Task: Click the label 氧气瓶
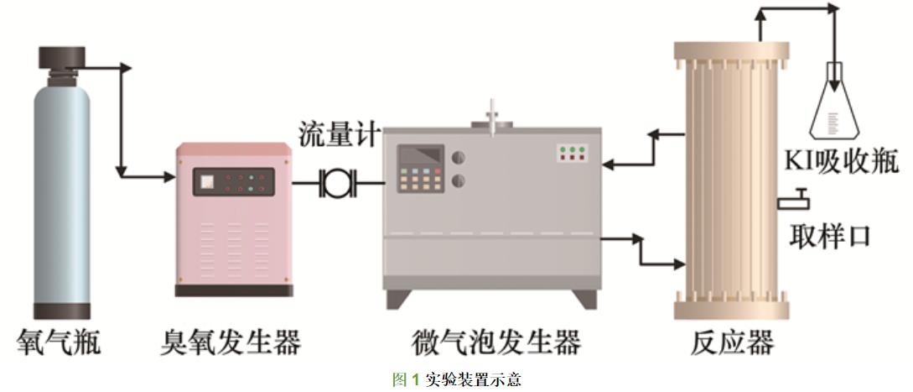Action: (x=60, y=342)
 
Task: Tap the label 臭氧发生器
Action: (x=231, y=342)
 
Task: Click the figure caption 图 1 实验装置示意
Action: (x=457, y=380)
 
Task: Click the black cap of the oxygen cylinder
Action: (x=62, y=59)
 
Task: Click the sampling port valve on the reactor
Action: (x=796, y=201)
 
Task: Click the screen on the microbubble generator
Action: (x=420, y=155)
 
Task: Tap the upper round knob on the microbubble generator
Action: (x=459, y=157)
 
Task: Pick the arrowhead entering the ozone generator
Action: (x=168, y=176)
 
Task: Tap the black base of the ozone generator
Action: (x=234, y=290)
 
